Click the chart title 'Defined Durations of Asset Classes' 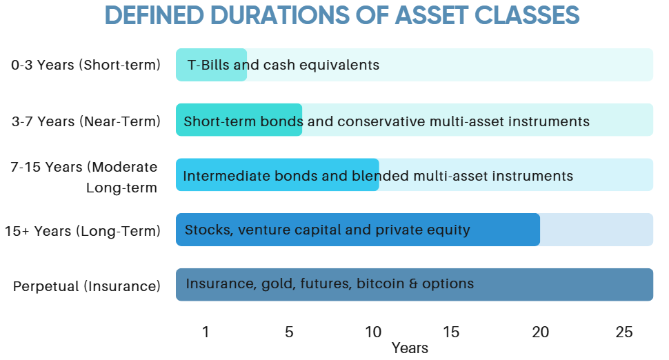(342, 15)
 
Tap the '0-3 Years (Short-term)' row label (86, 65)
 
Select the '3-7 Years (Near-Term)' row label (86, 121)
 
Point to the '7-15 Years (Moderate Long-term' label (84, 177)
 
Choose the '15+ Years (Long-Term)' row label (83, 231)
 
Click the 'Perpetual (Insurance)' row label (87, 286)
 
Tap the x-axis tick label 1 (206, 332)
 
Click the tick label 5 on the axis (289, 332)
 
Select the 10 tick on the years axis (373, 332)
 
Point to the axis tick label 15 (451, 332)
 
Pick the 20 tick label (541, 332)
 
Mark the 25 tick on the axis (624, 332)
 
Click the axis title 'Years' (410, 348)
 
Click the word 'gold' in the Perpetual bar (279, 284)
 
